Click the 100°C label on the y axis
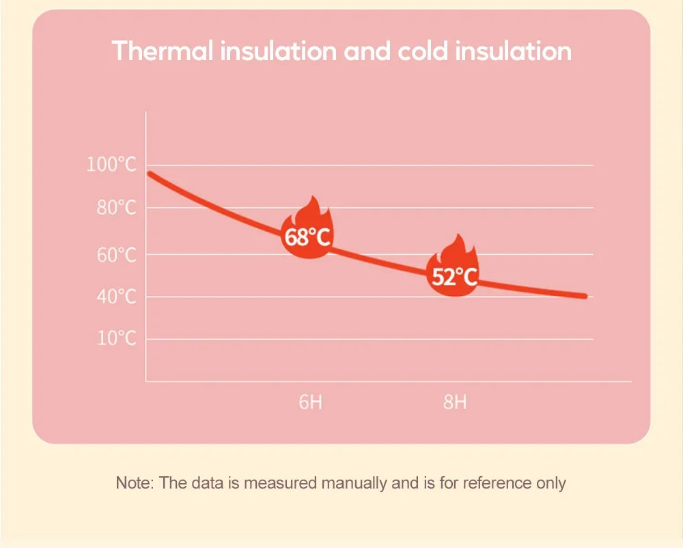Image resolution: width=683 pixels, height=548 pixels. (x=111, y=165)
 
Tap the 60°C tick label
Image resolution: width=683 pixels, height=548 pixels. (x=115, y=255)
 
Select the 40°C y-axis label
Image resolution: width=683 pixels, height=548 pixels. (x=115, y=297)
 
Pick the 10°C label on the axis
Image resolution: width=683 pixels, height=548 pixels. (x=115, y=339)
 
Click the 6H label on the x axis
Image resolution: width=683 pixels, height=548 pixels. (x=311, y=402)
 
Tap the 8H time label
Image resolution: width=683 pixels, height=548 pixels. (x=455, y=402)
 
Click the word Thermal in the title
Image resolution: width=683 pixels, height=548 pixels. (x=162, y=51)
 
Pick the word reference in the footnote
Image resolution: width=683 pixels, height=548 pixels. (x=496, y=484)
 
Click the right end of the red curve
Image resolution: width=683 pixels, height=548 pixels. (x=585, y=296)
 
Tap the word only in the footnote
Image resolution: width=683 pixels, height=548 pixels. (x=550, y=484)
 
